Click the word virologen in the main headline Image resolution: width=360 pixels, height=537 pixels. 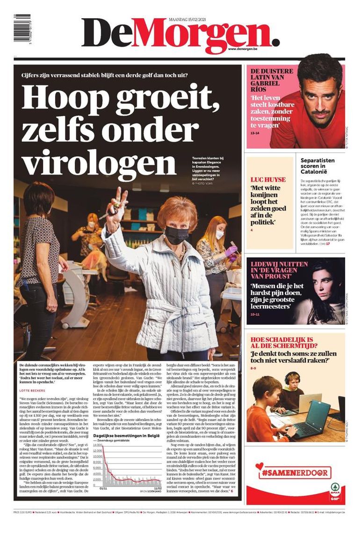[94, 162]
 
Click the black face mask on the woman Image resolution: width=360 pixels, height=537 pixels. [176, 235]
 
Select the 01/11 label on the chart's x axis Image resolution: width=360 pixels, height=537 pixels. [104, 487]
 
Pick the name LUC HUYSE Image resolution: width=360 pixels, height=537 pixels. [268, 180]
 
